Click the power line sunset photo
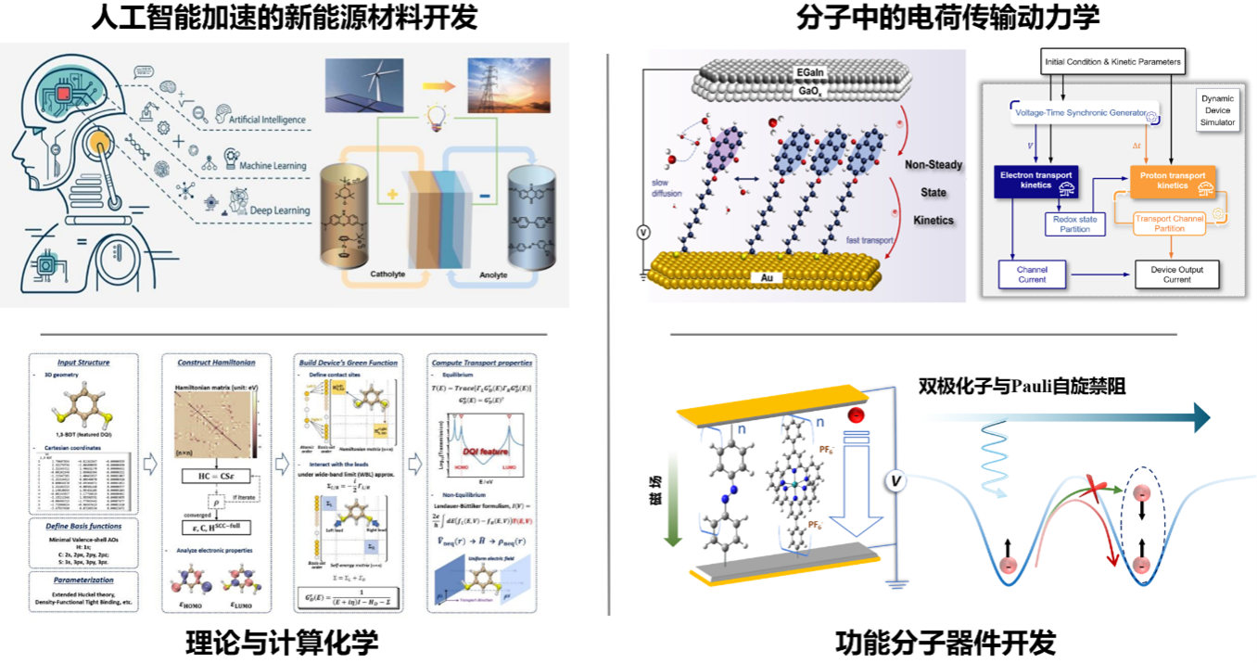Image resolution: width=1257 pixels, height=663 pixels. [x=507, y=85]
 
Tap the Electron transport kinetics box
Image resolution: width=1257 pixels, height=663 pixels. [x=1036, y=180]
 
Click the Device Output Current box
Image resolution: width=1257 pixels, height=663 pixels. [x=1176, y=274]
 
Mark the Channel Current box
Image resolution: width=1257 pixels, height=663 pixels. [x=1031, y=274]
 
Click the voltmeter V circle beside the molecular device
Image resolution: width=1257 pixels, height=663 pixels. [x=895, y=480]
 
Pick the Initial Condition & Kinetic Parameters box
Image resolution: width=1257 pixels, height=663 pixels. [x=1112, y=62]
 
